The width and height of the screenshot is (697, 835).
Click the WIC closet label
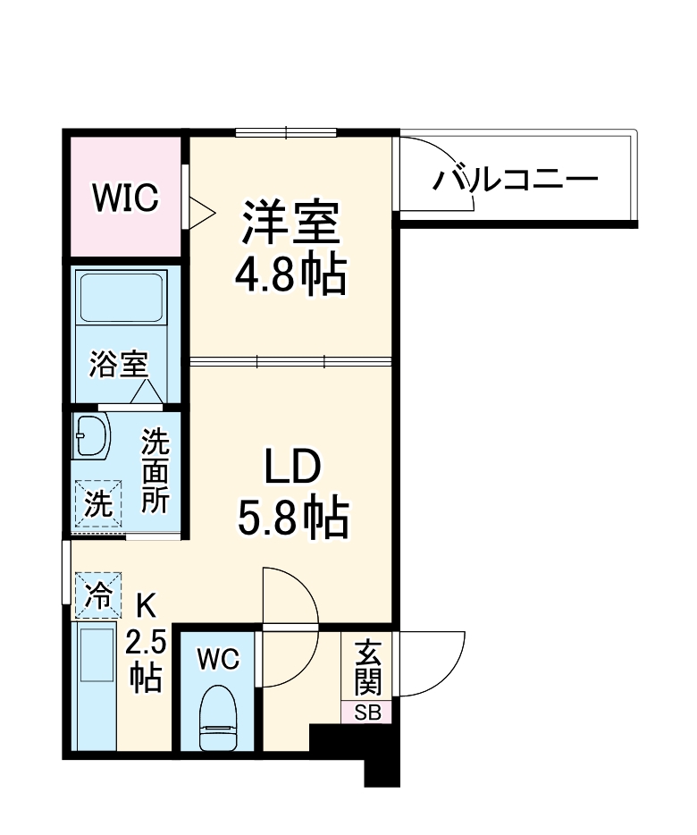(x=127, y=198)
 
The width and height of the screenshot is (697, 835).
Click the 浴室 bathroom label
(x=118, y=364)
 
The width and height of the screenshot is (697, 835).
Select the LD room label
(x=291, y=467)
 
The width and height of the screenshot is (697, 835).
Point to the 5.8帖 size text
(x=291, y=518)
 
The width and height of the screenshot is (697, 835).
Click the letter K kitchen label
(x=146, y=607)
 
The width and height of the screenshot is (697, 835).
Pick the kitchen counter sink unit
(x=95, y=687)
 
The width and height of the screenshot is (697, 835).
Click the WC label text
(x=218, y=660)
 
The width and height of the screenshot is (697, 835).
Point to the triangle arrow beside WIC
(x=200, y=213)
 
